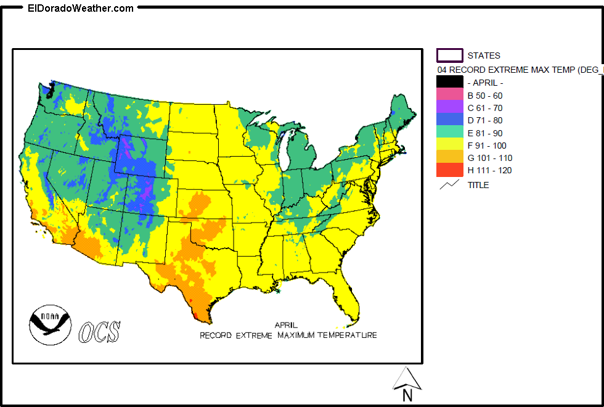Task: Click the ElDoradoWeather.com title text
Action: click(x=81, y=9)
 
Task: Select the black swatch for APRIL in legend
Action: click(x=449, y=82)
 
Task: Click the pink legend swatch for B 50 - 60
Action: click(x=449, y=95)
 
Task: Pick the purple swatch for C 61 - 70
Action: click(x=449, y=107)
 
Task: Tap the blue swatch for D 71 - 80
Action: click(x=449, y=120)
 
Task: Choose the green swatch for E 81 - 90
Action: click(x=449, y=133)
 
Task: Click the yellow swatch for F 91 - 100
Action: click(x=449, y=146)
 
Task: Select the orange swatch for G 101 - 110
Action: click(x=449, y=158)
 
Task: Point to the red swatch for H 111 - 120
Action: click(x=449, y=170)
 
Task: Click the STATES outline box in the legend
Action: click(x=449, y=55)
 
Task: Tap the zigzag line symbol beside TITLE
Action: click(x=449, y=184)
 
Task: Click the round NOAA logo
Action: click(x=50, y=324)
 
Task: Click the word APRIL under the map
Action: click(x=286, y=325)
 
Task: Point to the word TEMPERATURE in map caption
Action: click(x=347, y=335)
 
